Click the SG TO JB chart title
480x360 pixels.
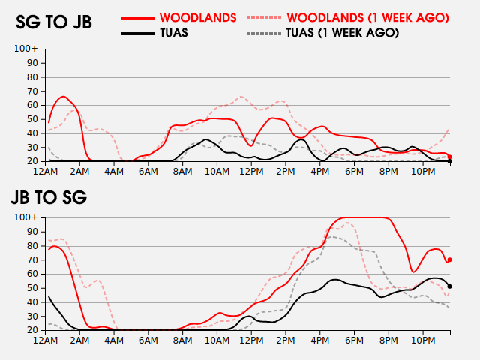54,22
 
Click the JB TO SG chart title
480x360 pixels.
49,198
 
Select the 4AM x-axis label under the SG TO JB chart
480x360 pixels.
114,172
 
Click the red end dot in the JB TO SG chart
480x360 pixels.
449,259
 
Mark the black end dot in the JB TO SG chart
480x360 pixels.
449,286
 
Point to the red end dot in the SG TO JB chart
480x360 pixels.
449,157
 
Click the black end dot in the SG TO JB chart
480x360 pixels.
449,161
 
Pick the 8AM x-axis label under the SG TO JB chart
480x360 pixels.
182,172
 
